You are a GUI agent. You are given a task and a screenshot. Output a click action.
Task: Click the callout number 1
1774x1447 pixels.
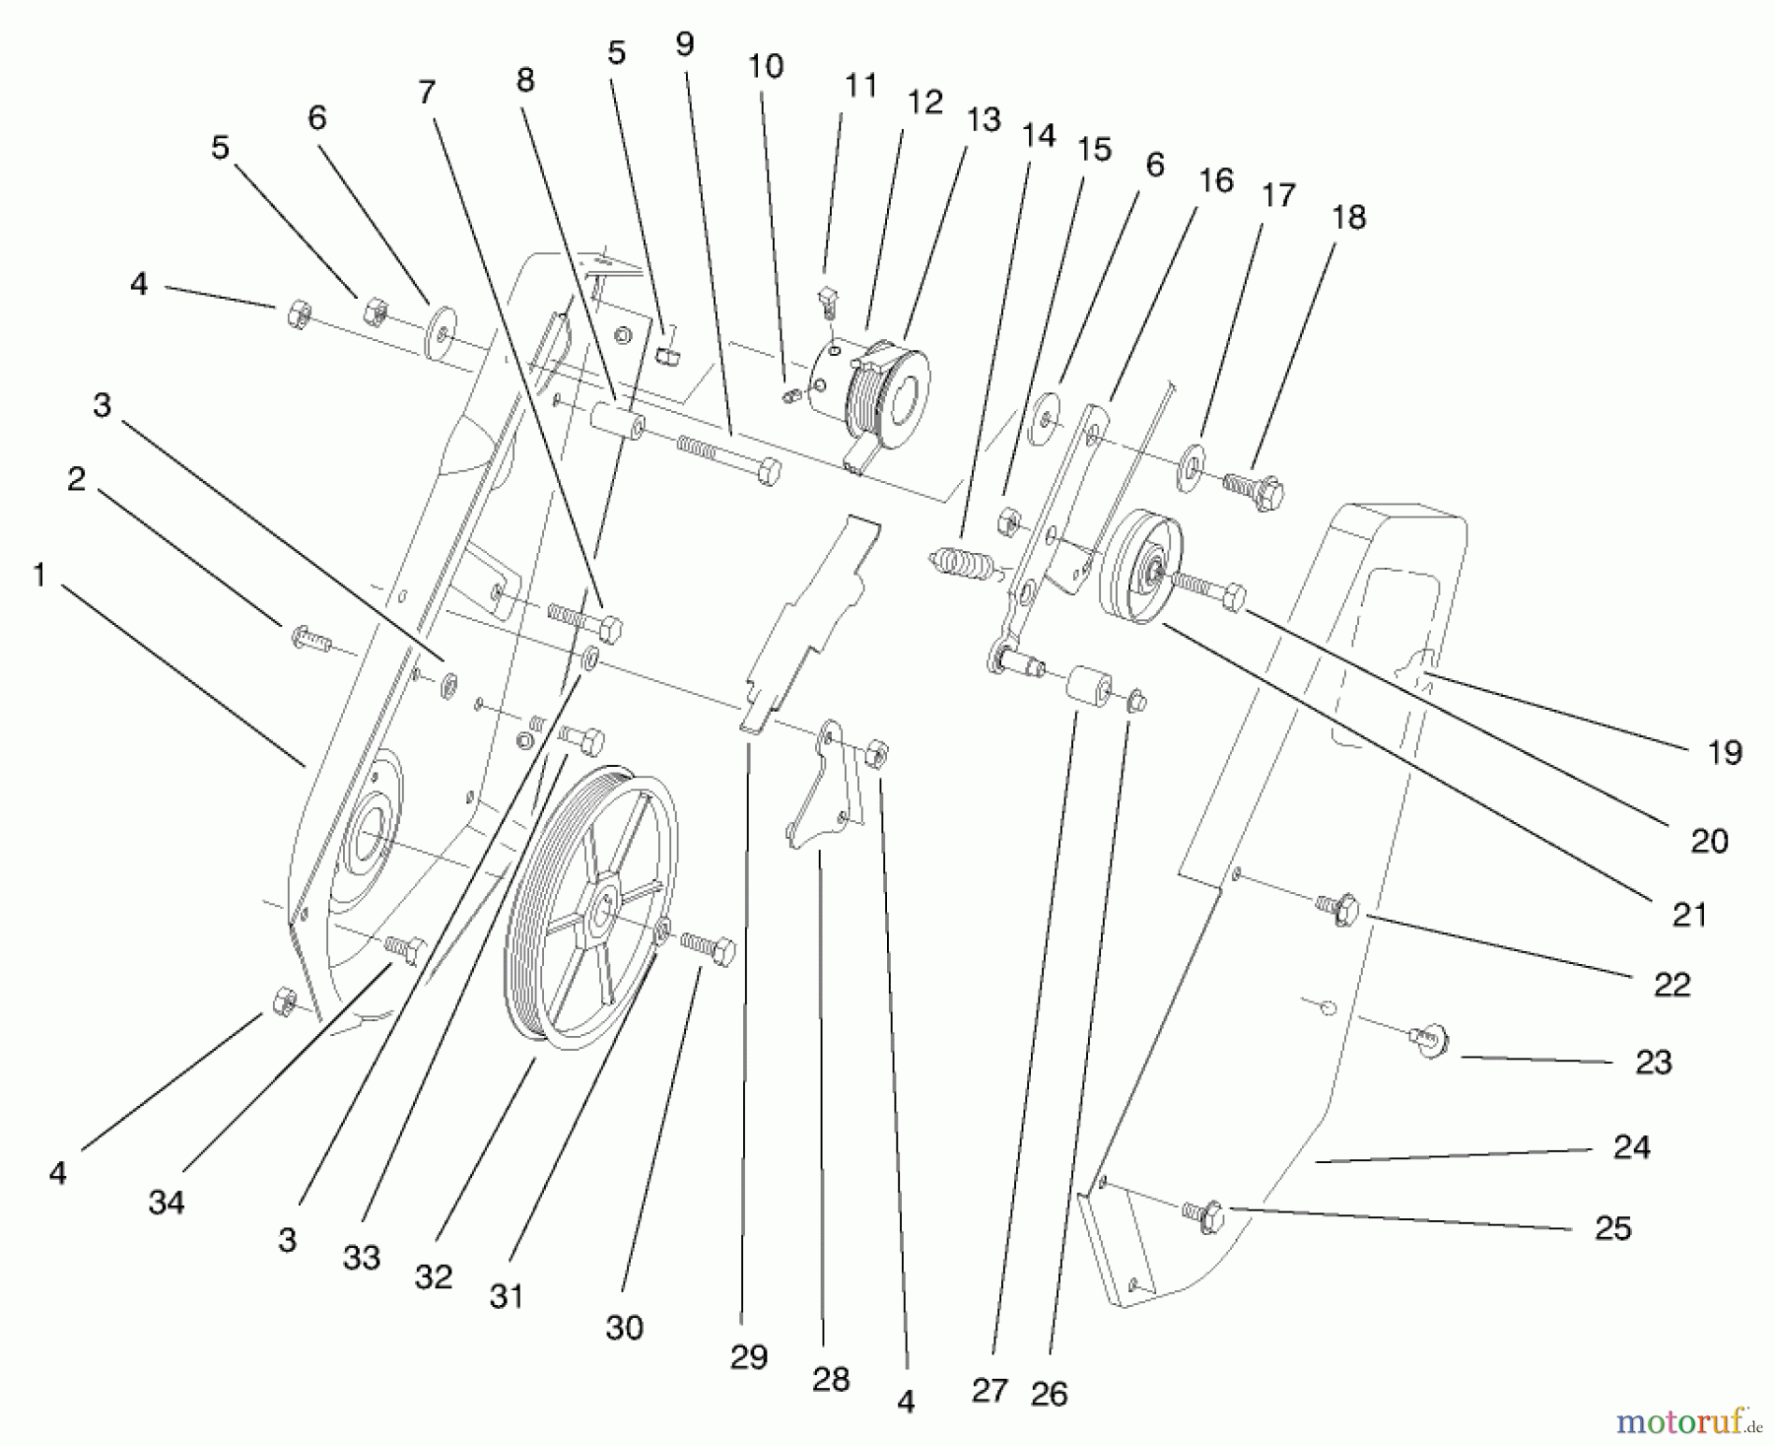[x=39, y=575]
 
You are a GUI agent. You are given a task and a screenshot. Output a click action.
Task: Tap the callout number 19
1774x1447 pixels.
[x=1724, y=753]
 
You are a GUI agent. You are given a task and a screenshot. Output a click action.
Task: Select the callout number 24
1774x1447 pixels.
[x=1631, y=1147]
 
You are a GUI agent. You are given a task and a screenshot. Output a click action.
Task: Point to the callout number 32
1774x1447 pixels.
[x=434, y=1277]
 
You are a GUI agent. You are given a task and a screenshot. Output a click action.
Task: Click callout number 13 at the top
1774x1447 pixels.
[x=983, y=119]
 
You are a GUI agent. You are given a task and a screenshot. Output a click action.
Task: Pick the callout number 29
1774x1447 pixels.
[x=749, y=1357]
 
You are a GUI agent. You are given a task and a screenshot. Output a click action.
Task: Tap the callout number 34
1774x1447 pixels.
[x=167, y=1203]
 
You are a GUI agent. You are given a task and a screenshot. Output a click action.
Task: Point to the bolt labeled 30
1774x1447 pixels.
[x=710, y=948]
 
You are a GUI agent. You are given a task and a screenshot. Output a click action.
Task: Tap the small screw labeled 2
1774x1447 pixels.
[x=308, y=638]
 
